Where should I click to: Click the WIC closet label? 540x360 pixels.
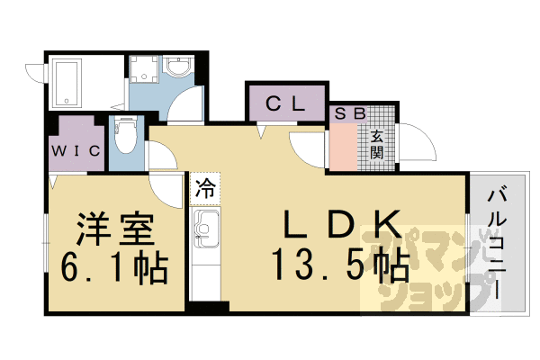click(x=76, y=150)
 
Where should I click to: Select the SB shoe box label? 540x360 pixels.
click(x=349, y=113)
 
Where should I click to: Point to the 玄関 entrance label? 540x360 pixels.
click(x=377, y=144)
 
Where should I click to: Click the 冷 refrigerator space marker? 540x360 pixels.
click(x=205, y=189)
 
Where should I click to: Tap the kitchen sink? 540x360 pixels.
click(x=205, y=228)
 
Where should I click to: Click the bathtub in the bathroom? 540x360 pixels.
click(x=68, y=83)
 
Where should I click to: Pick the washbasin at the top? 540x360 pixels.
click(x=177, y=67)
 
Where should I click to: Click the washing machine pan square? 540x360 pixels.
click(x=144, y=69)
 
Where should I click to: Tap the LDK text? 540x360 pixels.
click(x=342, y=224)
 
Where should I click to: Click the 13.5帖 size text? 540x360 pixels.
click(x=340, y=265)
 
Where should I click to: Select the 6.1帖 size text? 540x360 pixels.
click(x=114, y=269)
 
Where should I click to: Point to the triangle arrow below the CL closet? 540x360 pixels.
click(x=261, y=131)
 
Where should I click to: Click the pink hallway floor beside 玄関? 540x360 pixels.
click(x=344, y=147)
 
